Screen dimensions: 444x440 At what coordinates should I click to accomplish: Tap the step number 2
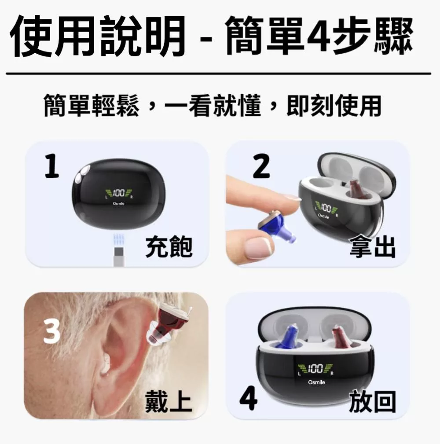point(261,168)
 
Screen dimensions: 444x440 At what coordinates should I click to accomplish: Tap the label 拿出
point(372,246)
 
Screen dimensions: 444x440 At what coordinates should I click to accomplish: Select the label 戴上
point(169,403)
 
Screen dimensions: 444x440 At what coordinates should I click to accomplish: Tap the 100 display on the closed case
point(118,193)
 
